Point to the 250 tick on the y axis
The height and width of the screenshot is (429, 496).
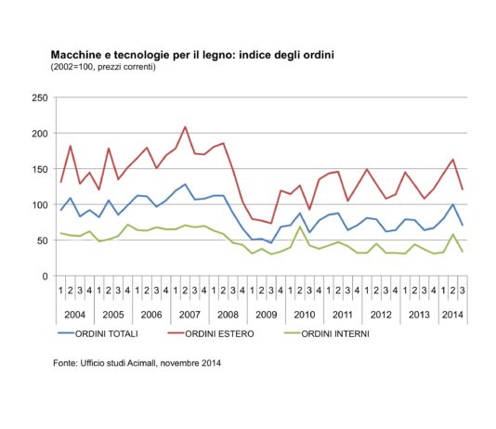click(39, 97)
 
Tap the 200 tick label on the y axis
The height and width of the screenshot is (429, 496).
click(39, 134)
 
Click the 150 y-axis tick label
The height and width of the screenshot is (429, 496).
click(39, 169)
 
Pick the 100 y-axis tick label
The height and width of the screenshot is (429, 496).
click(39, 205)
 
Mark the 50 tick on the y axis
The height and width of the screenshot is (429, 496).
click(42, 240)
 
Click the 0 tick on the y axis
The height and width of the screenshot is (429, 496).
click(45, 277)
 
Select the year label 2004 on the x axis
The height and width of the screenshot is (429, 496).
click(76, 315)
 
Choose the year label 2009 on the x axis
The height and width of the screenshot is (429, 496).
click(268, 315)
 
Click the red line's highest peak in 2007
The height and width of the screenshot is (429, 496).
click(186, 127)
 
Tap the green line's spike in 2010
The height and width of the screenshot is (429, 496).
click(300, 227)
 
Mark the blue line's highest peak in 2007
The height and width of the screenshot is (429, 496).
click(186, 184)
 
